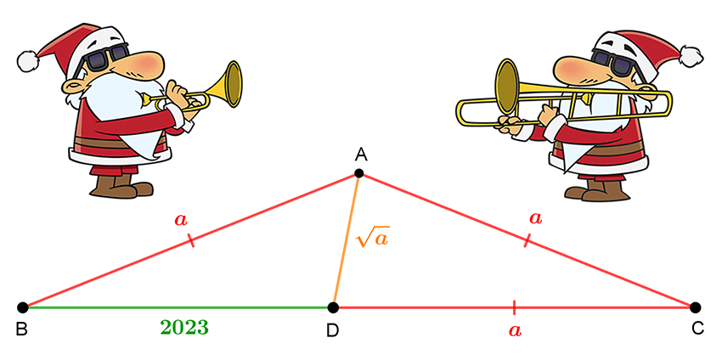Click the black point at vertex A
click(x=359, y=173)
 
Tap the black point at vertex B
click(x=23, y=307)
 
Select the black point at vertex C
click(x=696, y=307)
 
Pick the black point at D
click(x=335, y=307)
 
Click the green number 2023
click(x=184, y=328)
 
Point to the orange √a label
click(x=373, y=239)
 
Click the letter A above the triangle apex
click(x=361, y=155)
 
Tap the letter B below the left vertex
click(x=21, y=329)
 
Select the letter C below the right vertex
click(x=697, y=329)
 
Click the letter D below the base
click(x=332, y=331)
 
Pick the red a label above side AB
click(x=182, y=220)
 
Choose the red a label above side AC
click(x=535, y=218)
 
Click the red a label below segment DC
click(x=515, y=330)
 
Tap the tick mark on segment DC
click(x=513, y=307)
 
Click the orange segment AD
click(x=347, y=240)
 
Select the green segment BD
click(x=178, y=307)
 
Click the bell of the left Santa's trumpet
click(x=234, y=84)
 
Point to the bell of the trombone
click(x=506, y=87)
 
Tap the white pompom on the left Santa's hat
click(x=28, y=61)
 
